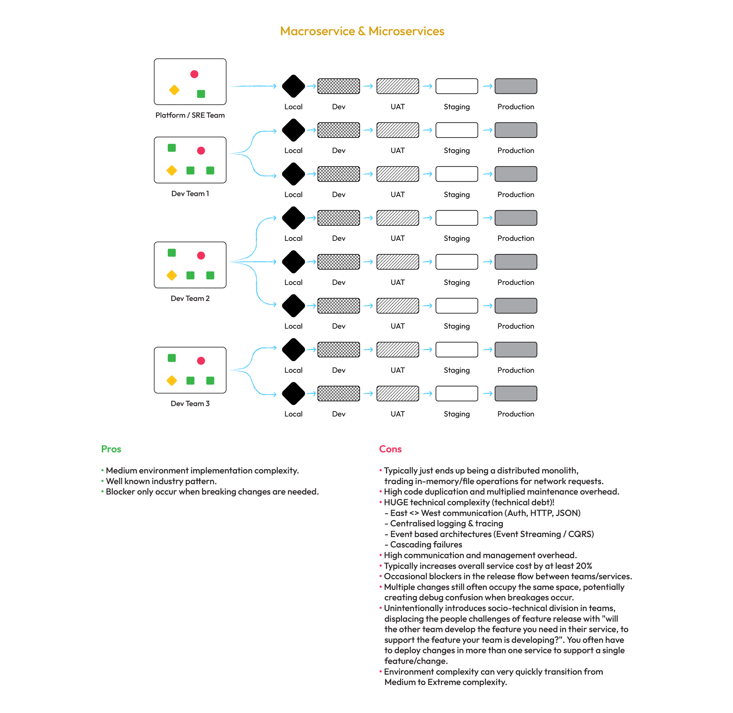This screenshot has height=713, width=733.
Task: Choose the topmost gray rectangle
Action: tap(516, 86)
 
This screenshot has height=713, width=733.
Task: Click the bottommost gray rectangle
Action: tap(516, 394)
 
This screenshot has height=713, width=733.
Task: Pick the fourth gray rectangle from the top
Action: tap(516, 218)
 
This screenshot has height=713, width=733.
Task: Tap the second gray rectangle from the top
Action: tap(516, 130)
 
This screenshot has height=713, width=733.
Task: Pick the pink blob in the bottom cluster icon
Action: tap(201, 361)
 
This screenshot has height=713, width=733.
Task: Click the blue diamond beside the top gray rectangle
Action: tap(486, 86)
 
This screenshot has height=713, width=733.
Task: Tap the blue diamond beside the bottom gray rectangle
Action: tap(486, 394)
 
